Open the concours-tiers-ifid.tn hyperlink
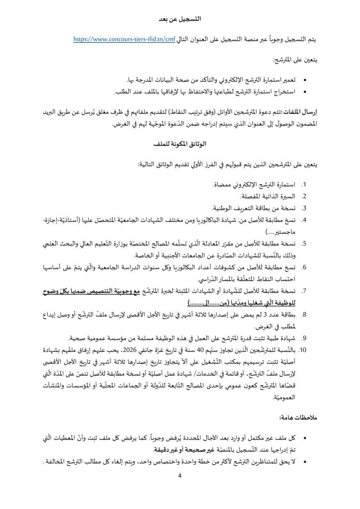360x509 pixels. [124, 39]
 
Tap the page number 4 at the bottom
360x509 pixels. [180, 477]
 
